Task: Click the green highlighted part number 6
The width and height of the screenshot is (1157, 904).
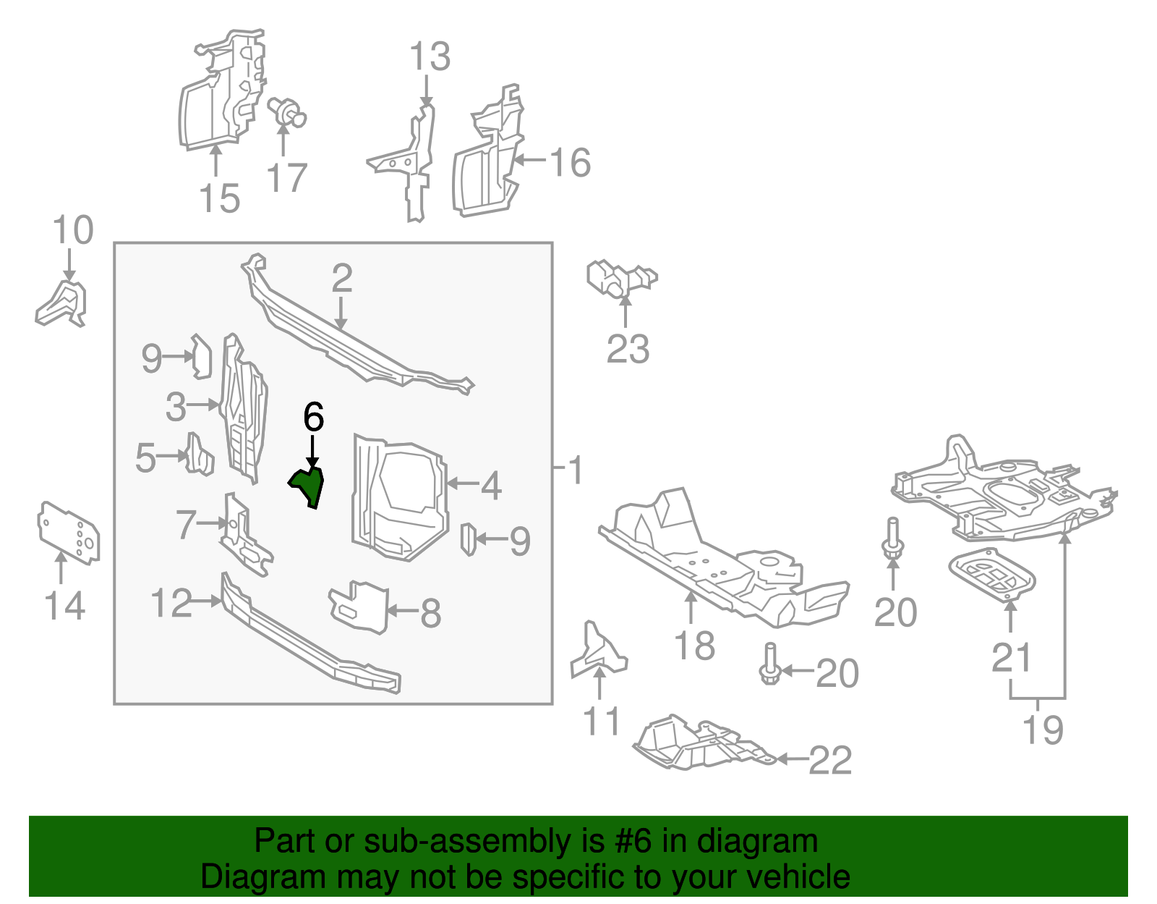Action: coord(309,485)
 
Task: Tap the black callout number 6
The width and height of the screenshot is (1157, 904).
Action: coord(313,418)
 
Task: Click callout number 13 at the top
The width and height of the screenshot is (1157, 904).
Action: coord(430,56)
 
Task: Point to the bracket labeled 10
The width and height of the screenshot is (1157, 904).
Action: coord(62,304)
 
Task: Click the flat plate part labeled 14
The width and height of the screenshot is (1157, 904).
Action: coord(69,532)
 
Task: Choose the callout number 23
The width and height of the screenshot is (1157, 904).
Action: coord(628,350)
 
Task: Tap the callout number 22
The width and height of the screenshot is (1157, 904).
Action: coord(830,760)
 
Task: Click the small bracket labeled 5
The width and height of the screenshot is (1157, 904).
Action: coord(199,455)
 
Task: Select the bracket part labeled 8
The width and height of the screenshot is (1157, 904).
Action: coord(360,606)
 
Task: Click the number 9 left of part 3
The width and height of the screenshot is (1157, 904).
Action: coord(151,358)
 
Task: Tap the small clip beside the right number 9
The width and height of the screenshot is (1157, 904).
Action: coord(468,538)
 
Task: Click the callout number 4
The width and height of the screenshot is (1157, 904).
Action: coord(491,486)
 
